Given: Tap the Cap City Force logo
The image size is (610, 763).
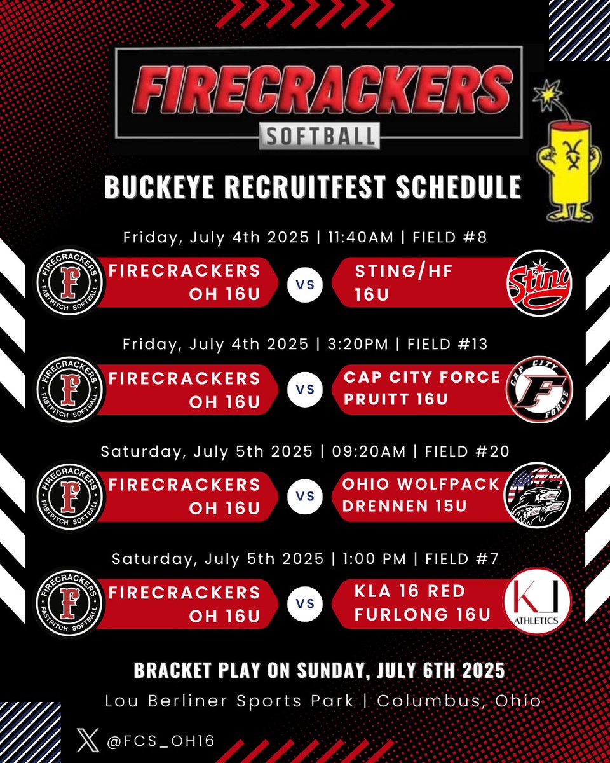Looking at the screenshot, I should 539,389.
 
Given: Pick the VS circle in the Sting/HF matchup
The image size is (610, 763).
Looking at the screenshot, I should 305,284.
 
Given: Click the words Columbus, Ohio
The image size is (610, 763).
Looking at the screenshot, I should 459,701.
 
